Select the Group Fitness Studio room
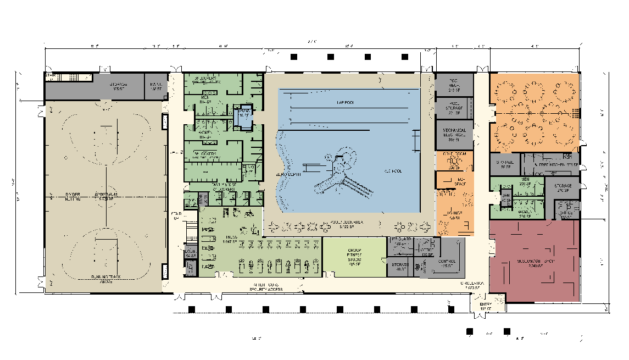354,257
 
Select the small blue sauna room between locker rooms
242,116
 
